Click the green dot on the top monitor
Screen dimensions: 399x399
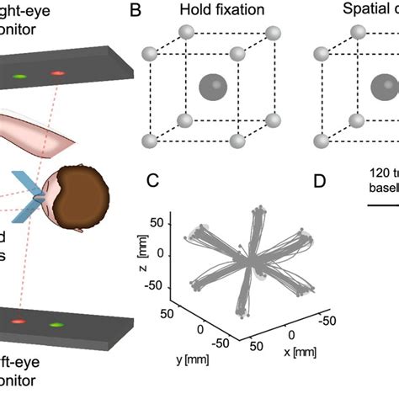(x=19, y=77)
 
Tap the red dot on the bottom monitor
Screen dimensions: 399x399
(x=19, y=321)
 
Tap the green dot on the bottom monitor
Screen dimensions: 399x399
(x=57, y=324)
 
